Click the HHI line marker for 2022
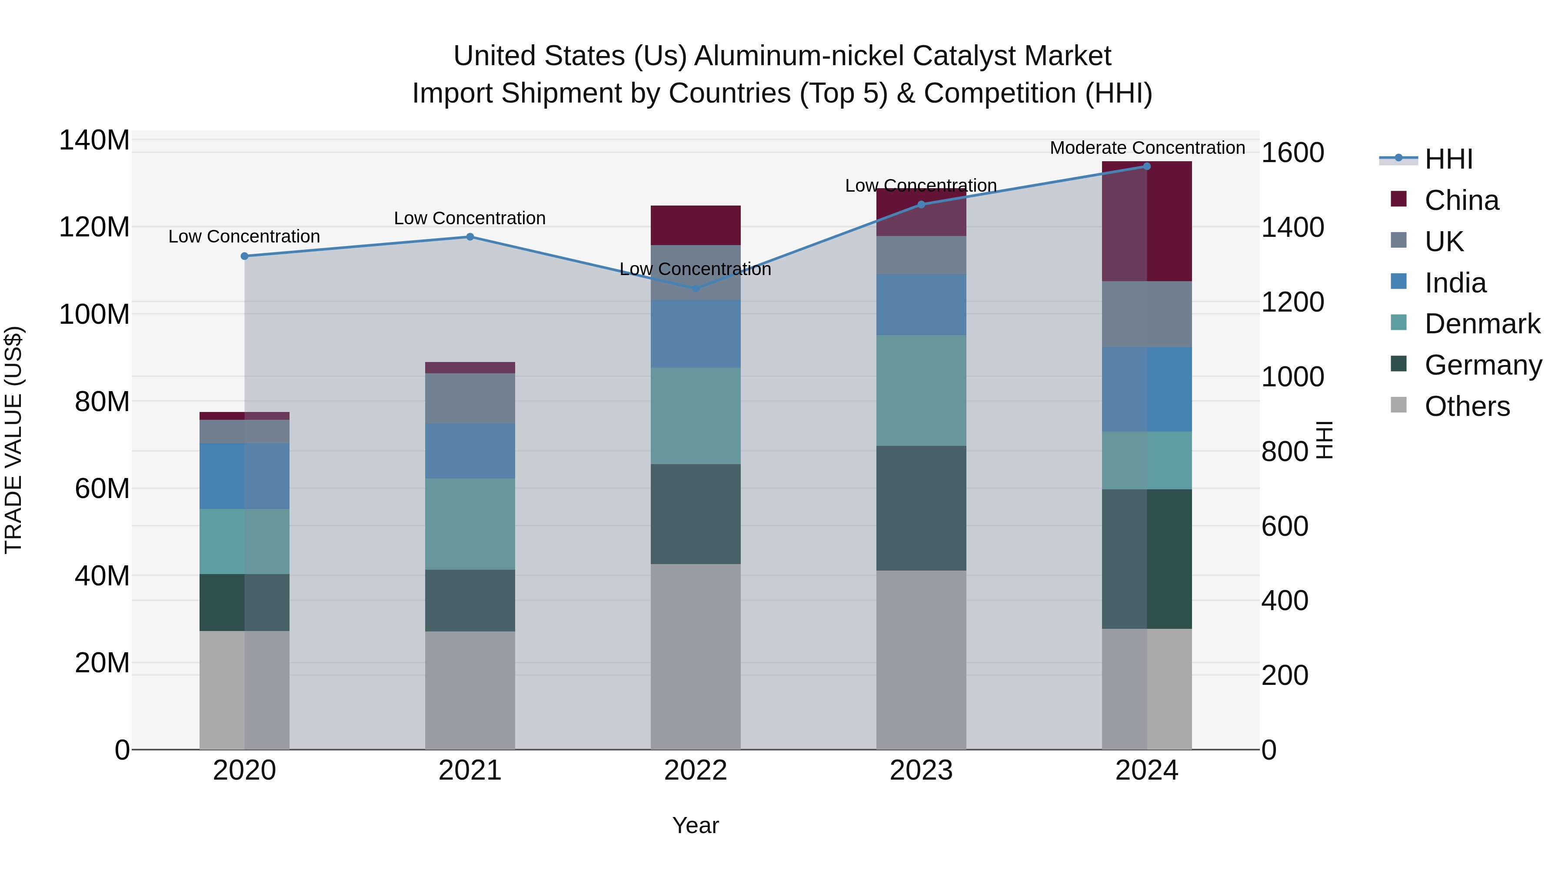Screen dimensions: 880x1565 pyautogui.click(x=696, y=289)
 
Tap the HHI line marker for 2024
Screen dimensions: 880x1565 pyautogui.click(x=1146, y=166)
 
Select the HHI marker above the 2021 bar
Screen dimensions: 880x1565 pyautogui.click(x=469, y=237)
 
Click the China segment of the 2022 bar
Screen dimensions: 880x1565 pyautogui.click(x=696, y=225)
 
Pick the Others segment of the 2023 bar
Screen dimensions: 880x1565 pyautogui.click(x=921, y=660)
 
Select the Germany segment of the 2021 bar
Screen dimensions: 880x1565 pyautogui.click(x=469, y=600)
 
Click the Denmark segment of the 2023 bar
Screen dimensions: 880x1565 pyautogui.click(x=921, y=391)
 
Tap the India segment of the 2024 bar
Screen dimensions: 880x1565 pyautogui.click(x=1146, y=389)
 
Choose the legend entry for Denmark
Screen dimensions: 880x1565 pyautogui.click(x=1482, y=324)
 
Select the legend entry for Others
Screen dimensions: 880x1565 pyautogui.click(x=1467, y=406)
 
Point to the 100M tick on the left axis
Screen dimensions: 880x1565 pyautogui.click(x=94, y=315)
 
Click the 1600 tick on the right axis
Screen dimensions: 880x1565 pyautogui.click(x=1292, y=153)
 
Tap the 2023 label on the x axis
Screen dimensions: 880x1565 pyautogui.click(x=921, y=770)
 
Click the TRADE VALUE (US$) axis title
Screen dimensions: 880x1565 pyautogui.click(x=14, y=440)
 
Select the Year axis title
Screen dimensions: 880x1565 pyautogui.click(x=696, y=825)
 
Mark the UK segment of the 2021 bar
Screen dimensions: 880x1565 pyautogui.click(x=469, y=398)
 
